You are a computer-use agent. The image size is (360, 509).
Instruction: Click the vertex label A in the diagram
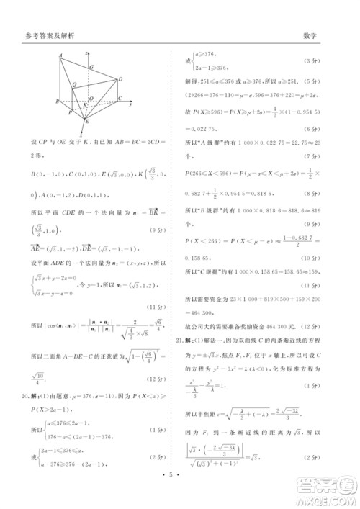point(63,56)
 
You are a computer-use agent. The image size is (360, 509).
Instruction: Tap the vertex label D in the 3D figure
point(120,78)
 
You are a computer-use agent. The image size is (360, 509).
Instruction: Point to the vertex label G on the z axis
point(91,67)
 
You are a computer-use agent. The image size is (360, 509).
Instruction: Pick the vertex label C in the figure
point(120,99)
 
